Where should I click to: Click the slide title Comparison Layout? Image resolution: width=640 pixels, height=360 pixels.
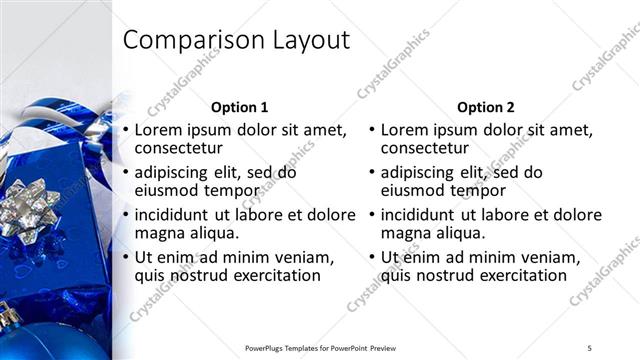tap(236, 40)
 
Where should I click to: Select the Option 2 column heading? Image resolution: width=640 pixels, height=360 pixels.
tap(486, 106)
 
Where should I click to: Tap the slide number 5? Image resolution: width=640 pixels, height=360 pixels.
tap(589, 347)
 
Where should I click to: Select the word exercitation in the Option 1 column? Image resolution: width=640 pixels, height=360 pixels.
tap(271, 276)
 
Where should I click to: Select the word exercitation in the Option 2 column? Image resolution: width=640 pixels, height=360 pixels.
tap(517, 276)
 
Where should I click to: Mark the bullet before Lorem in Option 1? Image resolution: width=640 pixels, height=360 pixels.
tap(124, 130)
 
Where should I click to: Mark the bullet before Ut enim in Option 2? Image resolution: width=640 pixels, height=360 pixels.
tap(370, 257)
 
